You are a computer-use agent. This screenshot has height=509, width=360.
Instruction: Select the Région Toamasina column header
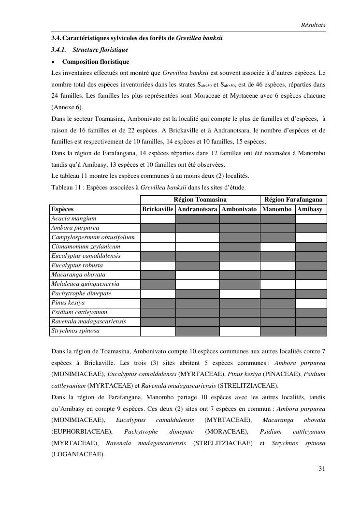(x=200, y=200)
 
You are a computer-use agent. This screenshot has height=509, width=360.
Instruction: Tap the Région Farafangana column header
(x=293, y=200)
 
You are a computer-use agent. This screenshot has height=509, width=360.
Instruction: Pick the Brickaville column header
(x=158, y=209)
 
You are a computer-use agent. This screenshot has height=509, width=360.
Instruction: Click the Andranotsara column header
(x=197, y=209)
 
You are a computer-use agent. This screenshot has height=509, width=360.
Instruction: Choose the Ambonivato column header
(x=240, y=209)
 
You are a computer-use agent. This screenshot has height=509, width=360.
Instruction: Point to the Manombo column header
(x=277, y=209)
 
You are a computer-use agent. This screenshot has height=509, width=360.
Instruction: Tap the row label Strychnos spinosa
(x=75, y=331)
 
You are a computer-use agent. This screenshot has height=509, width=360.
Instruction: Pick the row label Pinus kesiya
(x=68, y=303)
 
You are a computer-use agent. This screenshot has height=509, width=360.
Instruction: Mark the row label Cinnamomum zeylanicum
(x=86, y=247)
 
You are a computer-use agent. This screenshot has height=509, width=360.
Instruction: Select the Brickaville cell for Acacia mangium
(x=158, y=218)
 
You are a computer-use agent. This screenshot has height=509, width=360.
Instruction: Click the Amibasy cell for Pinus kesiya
(x=311, y=303)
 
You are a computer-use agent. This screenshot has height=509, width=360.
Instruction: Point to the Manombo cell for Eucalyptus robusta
(x=277, y=265)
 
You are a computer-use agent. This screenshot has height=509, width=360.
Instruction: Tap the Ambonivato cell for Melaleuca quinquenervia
(x=240, y=284)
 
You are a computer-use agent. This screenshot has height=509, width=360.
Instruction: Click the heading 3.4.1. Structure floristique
(x=89, y=50)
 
